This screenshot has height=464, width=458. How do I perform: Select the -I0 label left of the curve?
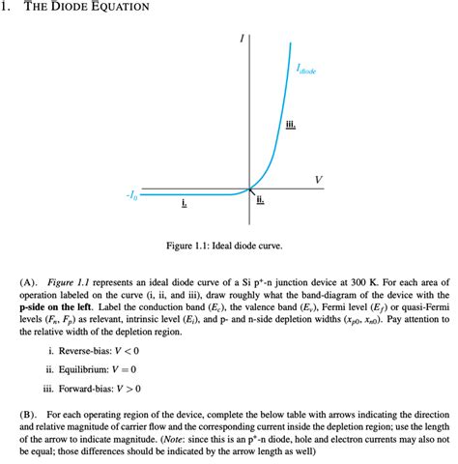130,196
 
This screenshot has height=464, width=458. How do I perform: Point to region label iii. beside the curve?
291,126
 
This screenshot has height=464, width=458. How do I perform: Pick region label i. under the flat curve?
184,204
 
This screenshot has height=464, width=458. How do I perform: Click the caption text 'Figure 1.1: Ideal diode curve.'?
228,246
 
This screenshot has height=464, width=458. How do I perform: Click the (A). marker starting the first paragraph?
26,280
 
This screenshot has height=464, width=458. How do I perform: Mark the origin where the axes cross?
249,188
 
